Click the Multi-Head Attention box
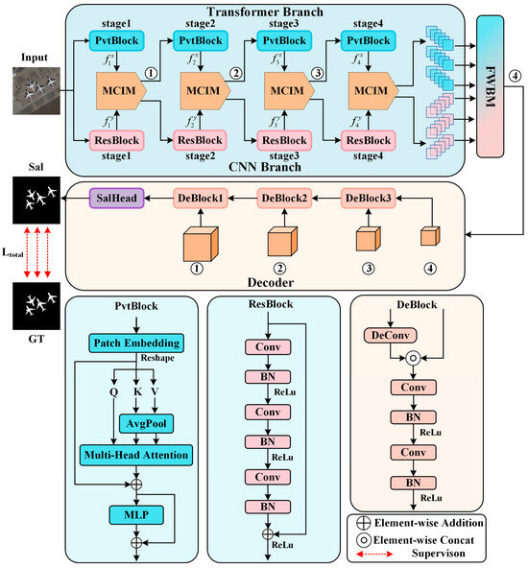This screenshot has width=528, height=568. tap(137, 452)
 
